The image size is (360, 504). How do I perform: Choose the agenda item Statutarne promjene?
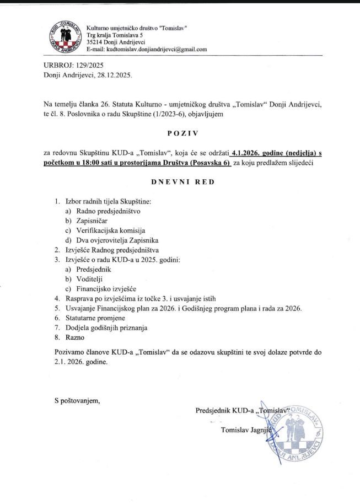(x=95, y=318)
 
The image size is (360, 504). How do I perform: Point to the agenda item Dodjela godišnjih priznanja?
(x=107, y=328)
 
